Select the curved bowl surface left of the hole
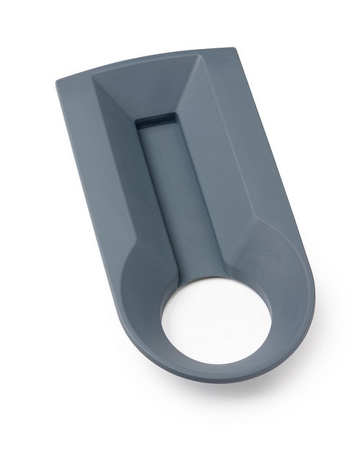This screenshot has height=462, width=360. click(144, 303)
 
